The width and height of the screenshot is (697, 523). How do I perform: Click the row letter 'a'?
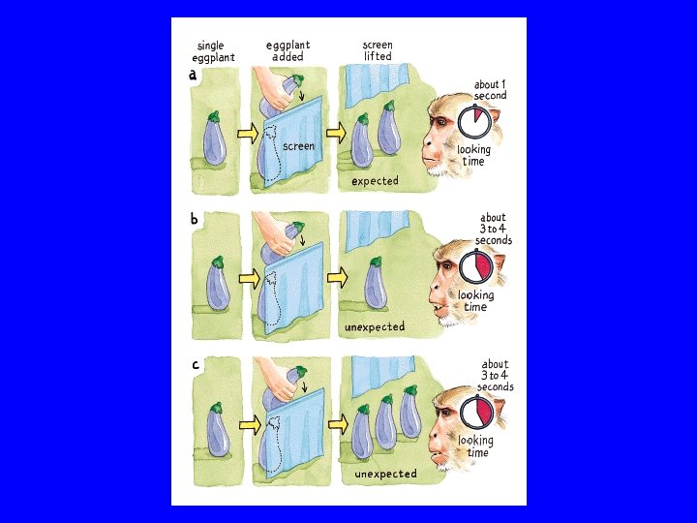pyautogui.click(x=193, y=75)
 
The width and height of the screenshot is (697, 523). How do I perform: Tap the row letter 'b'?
pyautogui.click(x=195, y=219)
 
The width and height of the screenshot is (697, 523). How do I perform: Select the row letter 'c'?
pyautogui.click(x=196, y=365)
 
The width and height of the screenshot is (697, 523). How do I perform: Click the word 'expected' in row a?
pyautogui.click(x=375, y=181)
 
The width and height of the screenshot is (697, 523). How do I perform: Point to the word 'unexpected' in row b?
pyautogui.click(x=375, y=327)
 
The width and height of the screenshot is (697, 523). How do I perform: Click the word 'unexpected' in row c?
pyautogui.click(x=385, y=474)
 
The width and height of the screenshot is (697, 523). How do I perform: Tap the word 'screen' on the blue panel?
pyautogui.click(x=299, y=146)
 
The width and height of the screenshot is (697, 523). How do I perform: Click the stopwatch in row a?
pyautogui.click(x=474, y=121)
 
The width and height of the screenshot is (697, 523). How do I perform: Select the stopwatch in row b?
pyautogui.click(x=475, y=265)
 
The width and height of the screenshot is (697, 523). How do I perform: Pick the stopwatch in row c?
pyautogui.click(x=477, y=412)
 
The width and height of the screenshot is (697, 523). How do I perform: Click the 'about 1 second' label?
pyautogui.click(x=490, y=90)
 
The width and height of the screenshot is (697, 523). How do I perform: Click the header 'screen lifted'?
pyautogui.click(x=378, y=50)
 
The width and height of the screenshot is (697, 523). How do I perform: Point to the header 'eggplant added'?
pyautogui.click(x=288, y=50)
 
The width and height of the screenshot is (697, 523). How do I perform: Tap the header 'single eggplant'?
pyautogui.click(x=213, y=51)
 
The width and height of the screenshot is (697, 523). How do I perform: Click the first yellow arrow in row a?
pyautogui.click(x=248, y=134)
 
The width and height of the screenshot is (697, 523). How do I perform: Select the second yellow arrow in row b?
pyautogui.click(x=338, y=278)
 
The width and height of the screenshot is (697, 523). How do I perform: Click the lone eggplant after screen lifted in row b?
pyautogui.click(x=376, y=283)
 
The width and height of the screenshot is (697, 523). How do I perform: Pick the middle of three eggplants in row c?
pyautogui.click(x=385, y=423)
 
